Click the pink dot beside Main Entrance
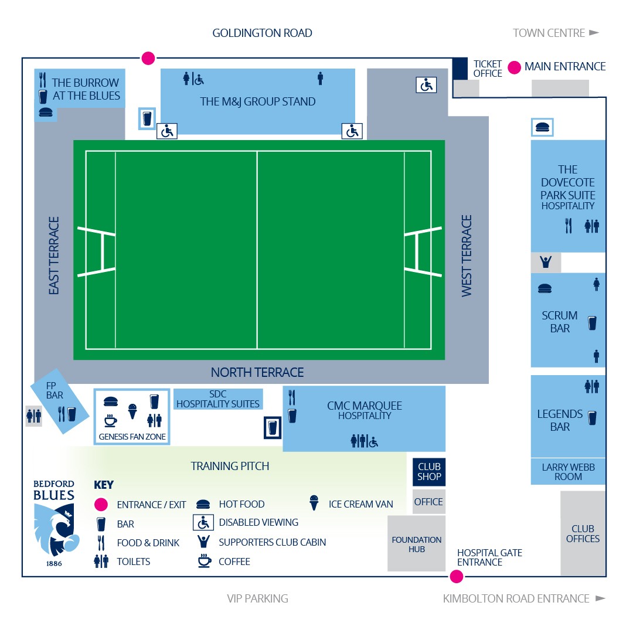point(514,67)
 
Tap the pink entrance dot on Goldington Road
point(148,58)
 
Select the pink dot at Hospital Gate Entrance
point(456,577)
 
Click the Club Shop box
point(428,471)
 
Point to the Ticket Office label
point(487,69)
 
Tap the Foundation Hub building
point(416,543)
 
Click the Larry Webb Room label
point(568,471)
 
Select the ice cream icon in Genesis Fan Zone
point(132,411)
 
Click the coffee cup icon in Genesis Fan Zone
point(110,421)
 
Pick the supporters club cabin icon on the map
point(546,262)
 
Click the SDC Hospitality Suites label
point(217,399)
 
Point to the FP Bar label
point(55,390)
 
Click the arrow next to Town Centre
point(594,33)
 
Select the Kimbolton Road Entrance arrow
point(600,598)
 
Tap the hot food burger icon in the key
point(203,504)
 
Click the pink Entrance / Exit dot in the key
point(101,504)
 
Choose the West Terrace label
point(467,256)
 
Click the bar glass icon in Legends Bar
point(592,418)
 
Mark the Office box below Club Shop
point(428,502)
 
